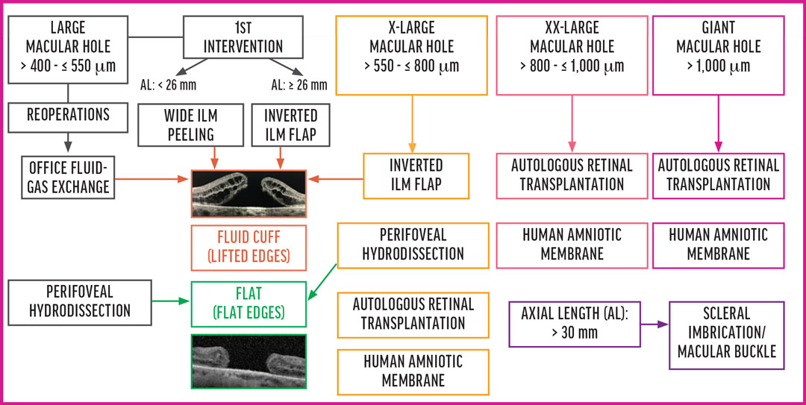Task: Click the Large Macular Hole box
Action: point(68,46)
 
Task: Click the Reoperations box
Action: point(68,115)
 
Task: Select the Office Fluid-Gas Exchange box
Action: point(68,175)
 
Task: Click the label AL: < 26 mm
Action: point(169,84)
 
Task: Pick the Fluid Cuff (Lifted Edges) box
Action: point(249,247)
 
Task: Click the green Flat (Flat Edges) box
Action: point(249,303)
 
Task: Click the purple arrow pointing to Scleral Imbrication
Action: point(652,324)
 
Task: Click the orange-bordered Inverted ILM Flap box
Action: point(416,175)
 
